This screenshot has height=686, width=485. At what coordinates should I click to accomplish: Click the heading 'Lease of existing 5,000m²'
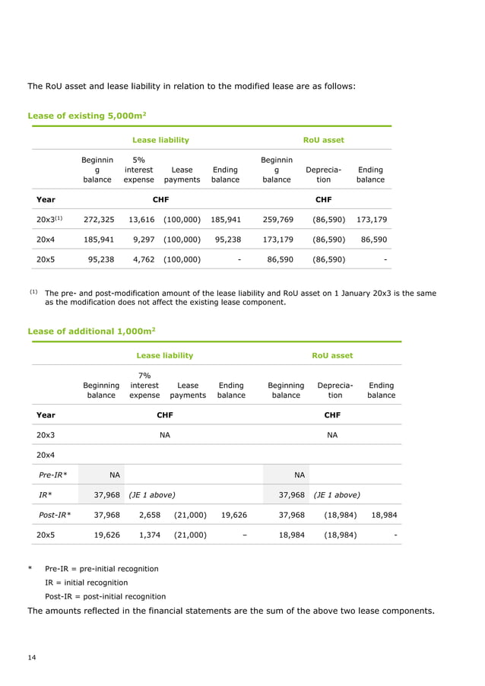pos(87,116)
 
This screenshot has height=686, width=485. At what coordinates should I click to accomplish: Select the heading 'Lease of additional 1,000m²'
pos(92,331)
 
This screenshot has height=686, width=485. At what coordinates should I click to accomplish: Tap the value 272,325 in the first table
pos(99,219)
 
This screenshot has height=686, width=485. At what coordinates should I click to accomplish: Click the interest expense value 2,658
pos(147,514)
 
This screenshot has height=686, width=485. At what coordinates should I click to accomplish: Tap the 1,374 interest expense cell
pos(147,534)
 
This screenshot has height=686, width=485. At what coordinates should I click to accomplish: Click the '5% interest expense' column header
pos(138,170)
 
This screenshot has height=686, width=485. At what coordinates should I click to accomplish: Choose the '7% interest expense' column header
pos(144,386)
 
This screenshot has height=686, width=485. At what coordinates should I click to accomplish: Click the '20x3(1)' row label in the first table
pos(49,219)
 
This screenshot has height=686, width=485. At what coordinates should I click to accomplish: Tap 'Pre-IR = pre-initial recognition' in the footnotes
pos(101,568)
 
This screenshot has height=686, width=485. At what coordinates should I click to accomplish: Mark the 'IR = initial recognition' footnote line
pos(87,583)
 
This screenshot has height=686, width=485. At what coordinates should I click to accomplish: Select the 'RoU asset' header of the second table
pos(332,355)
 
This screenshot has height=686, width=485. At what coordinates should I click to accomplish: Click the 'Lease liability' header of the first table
pos(160,140)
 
